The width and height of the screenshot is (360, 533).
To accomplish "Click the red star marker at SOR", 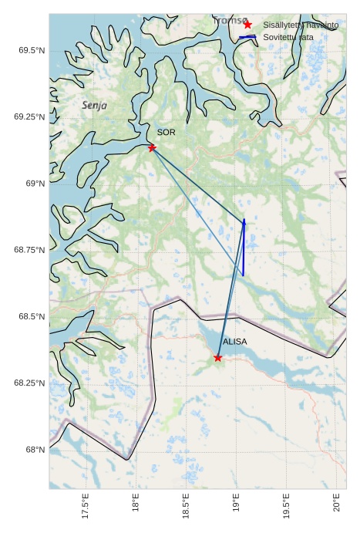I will click(x=152, y=147).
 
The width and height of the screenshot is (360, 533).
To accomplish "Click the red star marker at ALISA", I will click(x=218, y=357).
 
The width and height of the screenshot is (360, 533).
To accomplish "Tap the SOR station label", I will click(x=166, y=133).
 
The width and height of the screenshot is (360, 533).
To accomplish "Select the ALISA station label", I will click(x=234, y=342).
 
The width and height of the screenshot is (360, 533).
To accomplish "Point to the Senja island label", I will click(x=94, y=105).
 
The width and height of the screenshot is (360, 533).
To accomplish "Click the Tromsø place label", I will click(x=230, y=21).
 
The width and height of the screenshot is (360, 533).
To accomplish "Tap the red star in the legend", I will click(x=247, y=25).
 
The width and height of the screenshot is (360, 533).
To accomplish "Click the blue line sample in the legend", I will click(x=247, y=37).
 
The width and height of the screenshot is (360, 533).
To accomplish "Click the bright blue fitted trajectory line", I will click(x=244, y=247).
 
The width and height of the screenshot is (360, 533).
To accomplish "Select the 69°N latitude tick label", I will click(x=34, y=184).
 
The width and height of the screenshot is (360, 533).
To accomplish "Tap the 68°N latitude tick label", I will click(x=34, y=450).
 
